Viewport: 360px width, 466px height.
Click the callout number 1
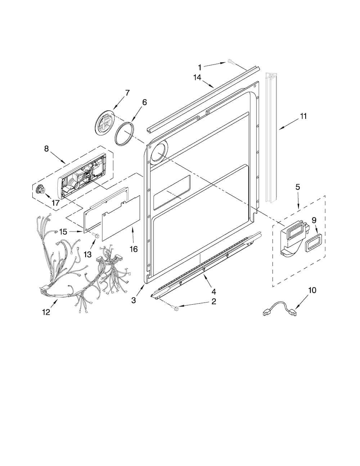point(199,68)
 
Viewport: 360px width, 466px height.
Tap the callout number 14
point(197,77)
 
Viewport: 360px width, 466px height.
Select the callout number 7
point(127,93)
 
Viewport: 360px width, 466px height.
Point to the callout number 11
point(303,116)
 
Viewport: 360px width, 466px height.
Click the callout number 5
point(298,187)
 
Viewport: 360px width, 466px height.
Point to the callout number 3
point(134,300)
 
